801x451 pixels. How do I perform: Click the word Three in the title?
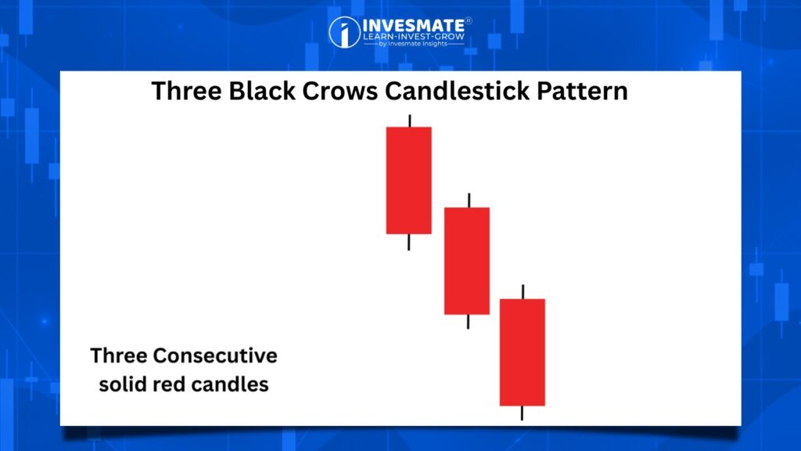point(186,91)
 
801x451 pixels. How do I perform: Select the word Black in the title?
point(261,91)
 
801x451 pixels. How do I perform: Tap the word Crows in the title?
point(339,91)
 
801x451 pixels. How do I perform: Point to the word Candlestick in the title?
point(457,91)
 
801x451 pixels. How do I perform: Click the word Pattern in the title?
point(582,91)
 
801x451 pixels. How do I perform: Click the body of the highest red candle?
point(408,181)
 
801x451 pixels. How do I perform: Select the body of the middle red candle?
point(467,261)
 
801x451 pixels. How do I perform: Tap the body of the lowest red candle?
point(522,352)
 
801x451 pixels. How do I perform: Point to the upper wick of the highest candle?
point(410,121)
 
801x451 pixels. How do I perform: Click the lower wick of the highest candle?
point(408,243)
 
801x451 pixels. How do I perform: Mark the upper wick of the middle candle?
point(469,200)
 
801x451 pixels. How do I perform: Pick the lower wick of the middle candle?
point(468,322)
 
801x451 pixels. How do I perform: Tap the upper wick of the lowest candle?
point(523,291)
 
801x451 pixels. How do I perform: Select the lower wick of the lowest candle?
point(522,413)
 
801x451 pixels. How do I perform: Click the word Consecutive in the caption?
point(215,355)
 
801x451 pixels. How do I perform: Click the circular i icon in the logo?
point(344,32)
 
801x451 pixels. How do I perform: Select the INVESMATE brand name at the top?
point(413,25)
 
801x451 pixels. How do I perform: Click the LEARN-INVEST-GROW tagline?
point(414,36)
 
